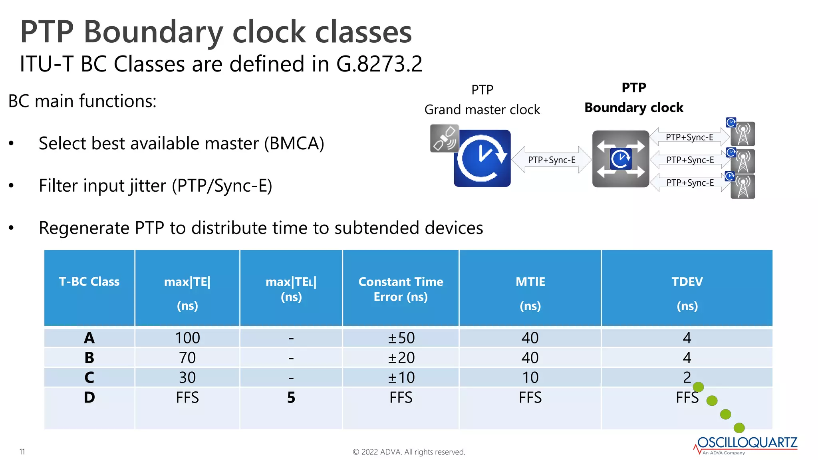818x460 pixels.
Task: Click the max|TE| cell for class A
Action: click(187, 338)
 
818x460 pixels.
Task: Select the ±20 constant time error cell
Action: click(401, 357)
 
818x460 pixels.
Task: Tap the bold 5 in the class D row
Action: click(291, 397)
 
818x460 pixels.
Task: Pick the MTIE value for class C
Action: click(530, 377)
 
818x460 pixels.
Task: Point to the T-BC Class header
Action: click(89, 282)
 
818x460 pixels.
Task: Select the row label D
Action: click(89, 397)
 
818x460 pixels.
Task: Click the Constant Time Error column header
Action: click(401, 289)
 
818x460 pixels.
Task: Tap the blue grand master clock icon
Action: click(482, 158)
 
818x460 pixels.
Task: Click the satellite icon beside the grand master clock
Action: click(444, 138)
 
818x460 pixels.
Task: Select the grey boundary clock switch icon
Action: click(620, 159)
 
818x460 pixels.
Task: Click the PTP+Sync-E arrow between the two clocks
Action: click(551, 160)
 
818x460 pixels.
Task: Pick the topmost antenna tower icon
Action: click(743, 134)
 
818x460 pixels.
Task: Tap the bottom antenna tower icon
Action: click(743, 187)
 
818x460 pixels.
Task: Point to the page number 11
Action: click(22, 452)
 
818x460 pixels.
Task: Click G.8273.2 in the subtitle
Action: click(379, 64)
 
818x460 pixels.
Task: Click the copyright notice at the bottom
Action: click(409, 452)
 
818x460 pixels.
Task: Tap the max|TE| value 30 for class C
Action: click(187, 377)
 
